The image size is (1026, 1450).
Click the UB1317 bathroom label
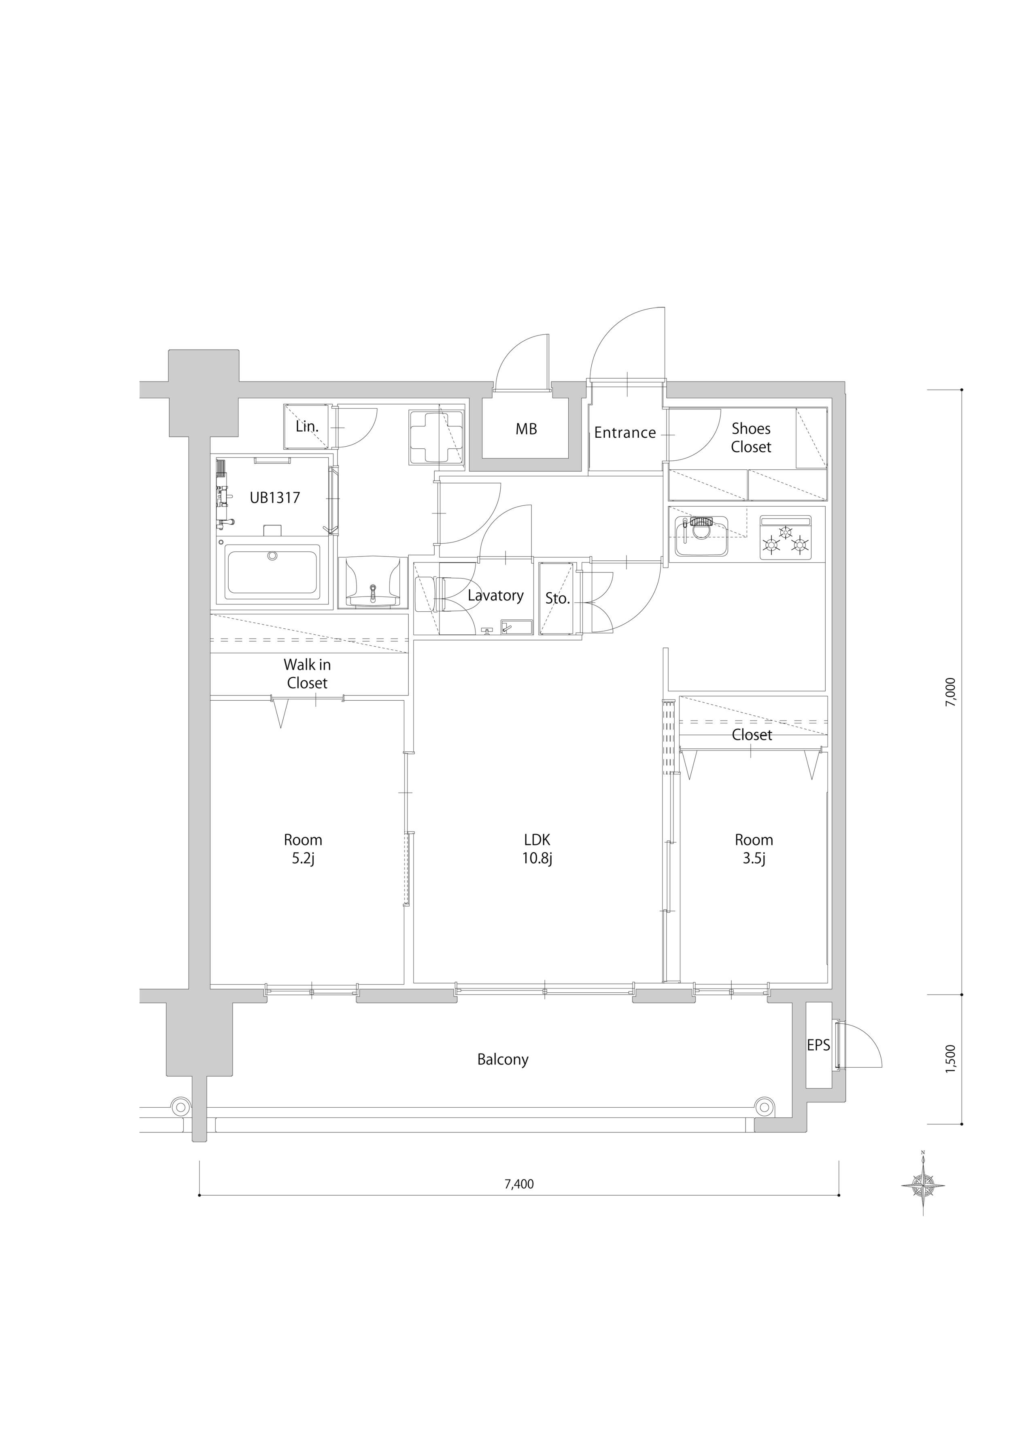(x=275, y=498)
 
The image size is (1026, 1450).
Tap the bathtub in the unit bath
(x=272, y=573)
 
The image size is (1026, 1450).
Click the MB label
(x=526, y=429)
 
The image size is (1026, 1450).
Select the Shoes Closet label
(x=751, y=438)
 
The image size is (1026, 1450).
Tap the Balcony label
(x=503, y=1060)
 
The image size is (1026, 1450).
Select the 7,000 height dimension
(x=952, y=691)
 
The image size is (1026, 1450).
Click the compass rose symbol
(x=923, y=1184)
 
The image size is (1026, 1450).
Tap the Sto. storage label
(x=558, y=598)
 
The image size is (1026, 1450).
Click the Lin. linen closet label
(x=307, y=426)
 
